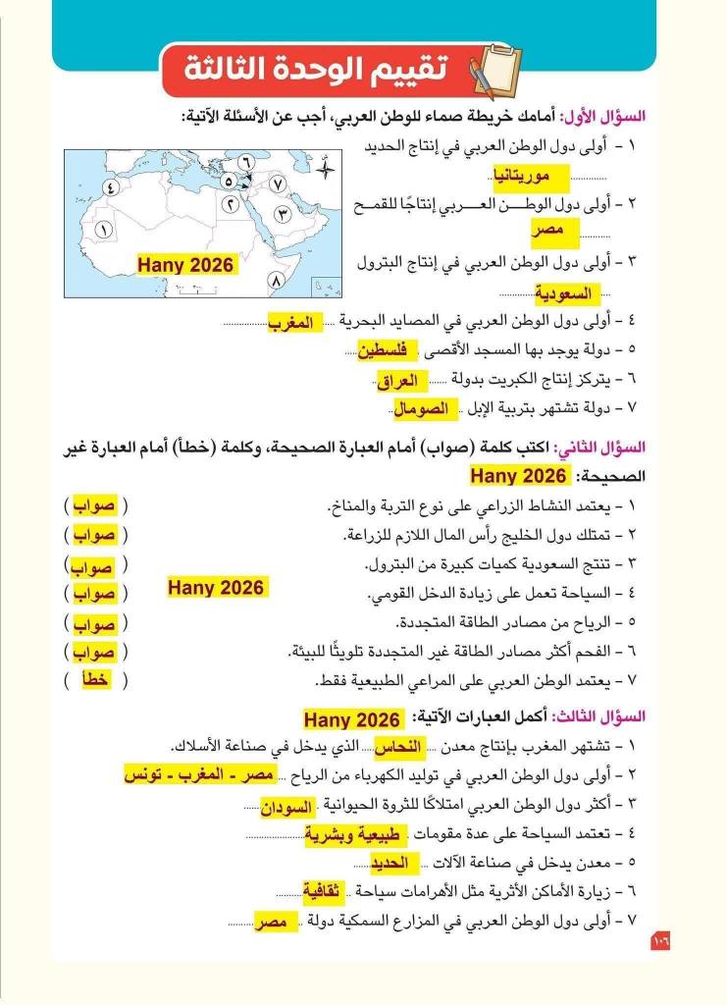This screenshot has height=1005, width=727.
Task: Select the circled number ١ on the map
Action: tap(106, 229)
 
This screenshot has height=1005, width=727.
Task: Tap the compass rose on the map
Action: tap(327, 169)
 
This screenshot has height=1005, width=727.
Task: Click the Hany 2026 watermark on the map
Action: tap(185, 265)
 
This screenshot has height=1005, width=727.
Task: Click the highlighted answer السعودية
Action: tap(566, 293)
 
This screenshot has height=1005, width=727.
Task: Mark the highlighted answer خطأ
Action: tap(94, 681)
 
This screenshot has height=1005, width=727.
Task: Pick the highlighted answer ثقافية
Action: tap(323, 893)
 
